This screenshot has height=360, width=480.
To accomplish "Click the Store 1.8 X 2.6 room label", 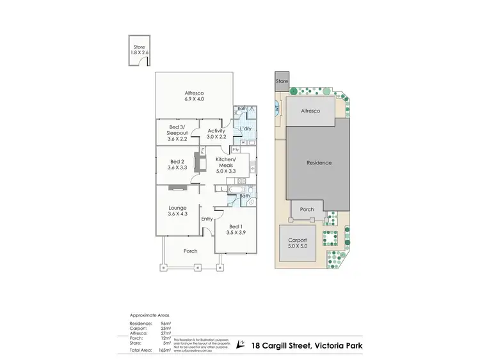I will click(x=139, y=48).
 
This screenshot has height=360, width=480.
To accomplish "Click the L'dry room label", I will click(x=245, y=130).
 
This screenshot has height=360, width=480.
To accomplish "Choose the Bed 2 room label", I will click(x=177, y=164).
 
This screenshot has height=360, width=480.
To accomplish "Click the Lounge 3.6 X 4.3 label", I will click(x=177, y=211).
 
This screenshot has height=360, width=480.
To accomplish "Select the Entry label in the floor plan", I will click(x=207, y=219).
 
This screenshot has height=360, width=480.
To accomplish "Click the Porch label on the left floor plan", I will click(x=190, y=251).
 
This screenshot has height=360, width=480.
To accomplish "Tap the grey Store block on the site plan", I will click(x=282, y=82).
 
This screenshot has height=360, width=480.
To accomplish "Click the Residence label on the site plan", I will click(x=319, y=163).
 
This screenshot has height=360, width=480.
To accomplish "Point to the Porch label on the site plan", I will click(x=307, y=209).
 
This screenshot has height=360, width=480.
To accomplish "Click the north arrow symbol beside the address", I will click(x=241, y=344).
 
